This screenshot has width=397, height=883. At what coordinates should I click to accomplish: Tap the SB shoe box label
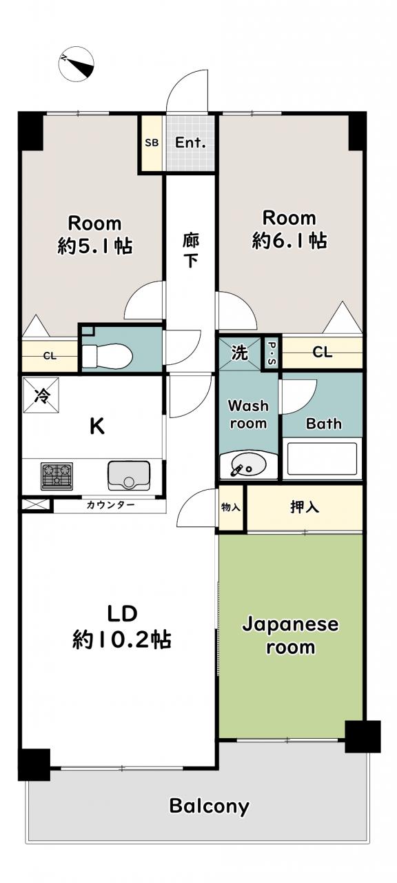pyautogui.click(x=152, y=142)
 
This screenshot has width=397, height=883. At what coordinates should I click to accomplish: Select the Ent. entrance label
pyautogui.click(x=191, y=142)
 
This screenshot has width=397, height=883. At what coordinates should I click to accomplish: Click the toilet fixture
pyautogui.click(x=107, y=355)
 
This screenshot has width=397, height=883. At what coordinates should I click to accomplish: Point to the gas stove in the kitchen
pyautogui.click(x=57, y=475)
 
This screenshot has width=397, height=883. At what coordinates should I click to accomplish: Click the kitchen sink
pyautogui.click(x=128, y=475)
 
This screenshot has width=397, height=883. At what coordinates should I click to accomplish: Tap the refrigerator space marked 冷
pyautogui.click(x=41, y=395)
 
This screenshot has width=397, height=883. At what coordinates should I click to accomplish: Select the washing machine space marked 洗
pyautogui.click(x=239, y=353)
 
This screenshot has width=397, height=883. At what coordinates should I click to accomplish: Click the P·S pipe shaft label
pyautogui.click(x=272, y=353)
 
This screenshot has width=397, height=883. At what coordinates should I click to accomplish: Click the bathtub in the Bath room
pyautogui.click(x=322, y=459)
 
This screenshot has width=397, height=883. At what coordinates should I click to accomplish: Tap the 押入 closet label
pyautogui.click(x=305, y=507)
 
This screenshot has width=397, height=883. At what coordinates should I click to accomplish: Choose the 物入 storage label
pyautogui.click(x=231, y=507)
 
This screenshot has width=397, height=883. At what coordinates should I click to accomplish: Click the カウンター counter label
pyautogui.click(x=110, y=505)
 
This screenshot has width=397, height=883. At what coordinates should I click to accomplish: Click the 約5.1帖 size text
pyautogui.click(x=95, y=246)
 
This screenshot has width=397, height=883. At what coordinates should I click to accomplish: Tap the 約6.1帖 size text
pyautogui.click(x=289, y=240)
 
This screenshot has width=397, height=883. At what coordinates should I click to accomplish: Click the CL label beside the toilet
pyautogui.click(x=50, y=357)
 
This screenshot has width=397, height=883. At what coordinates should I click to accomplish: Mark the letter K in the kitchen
pyautogui.click(x=97, y=426)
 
